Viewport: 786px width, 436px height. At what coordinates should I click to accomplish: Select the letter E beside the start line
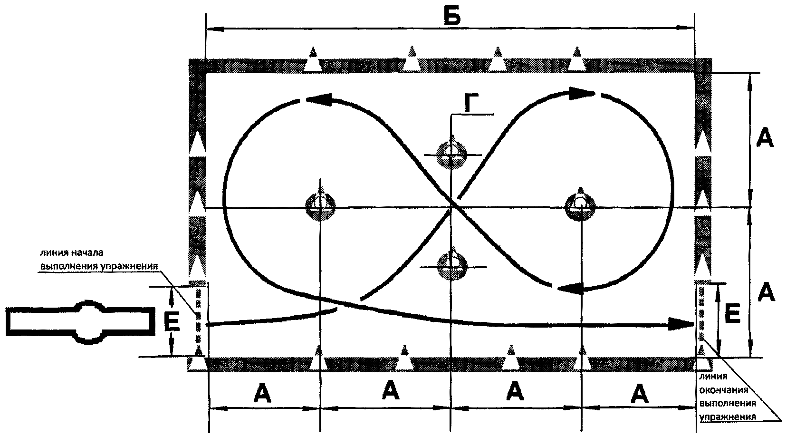(172, 322)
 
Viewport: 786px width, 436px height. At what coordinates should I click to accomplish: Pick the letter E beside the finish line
(732, 313)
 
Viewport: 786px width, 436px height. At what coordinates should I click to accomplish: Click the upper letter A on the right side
(765, 137)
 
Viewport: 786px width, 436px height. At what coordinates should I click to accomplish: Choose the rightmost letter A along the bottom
(640, 394)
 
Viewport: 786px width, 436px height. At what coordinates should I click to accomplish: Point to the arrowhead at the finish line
(681, 324)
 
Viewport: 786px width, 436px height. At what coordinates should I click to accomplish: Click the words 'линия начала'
(72, 253)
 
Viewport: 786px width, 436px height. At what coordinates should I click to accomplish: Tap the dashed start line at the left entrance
(198, 315)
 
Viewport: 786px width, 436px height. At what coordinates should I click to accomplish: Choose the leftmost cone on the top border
(313, 60)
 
